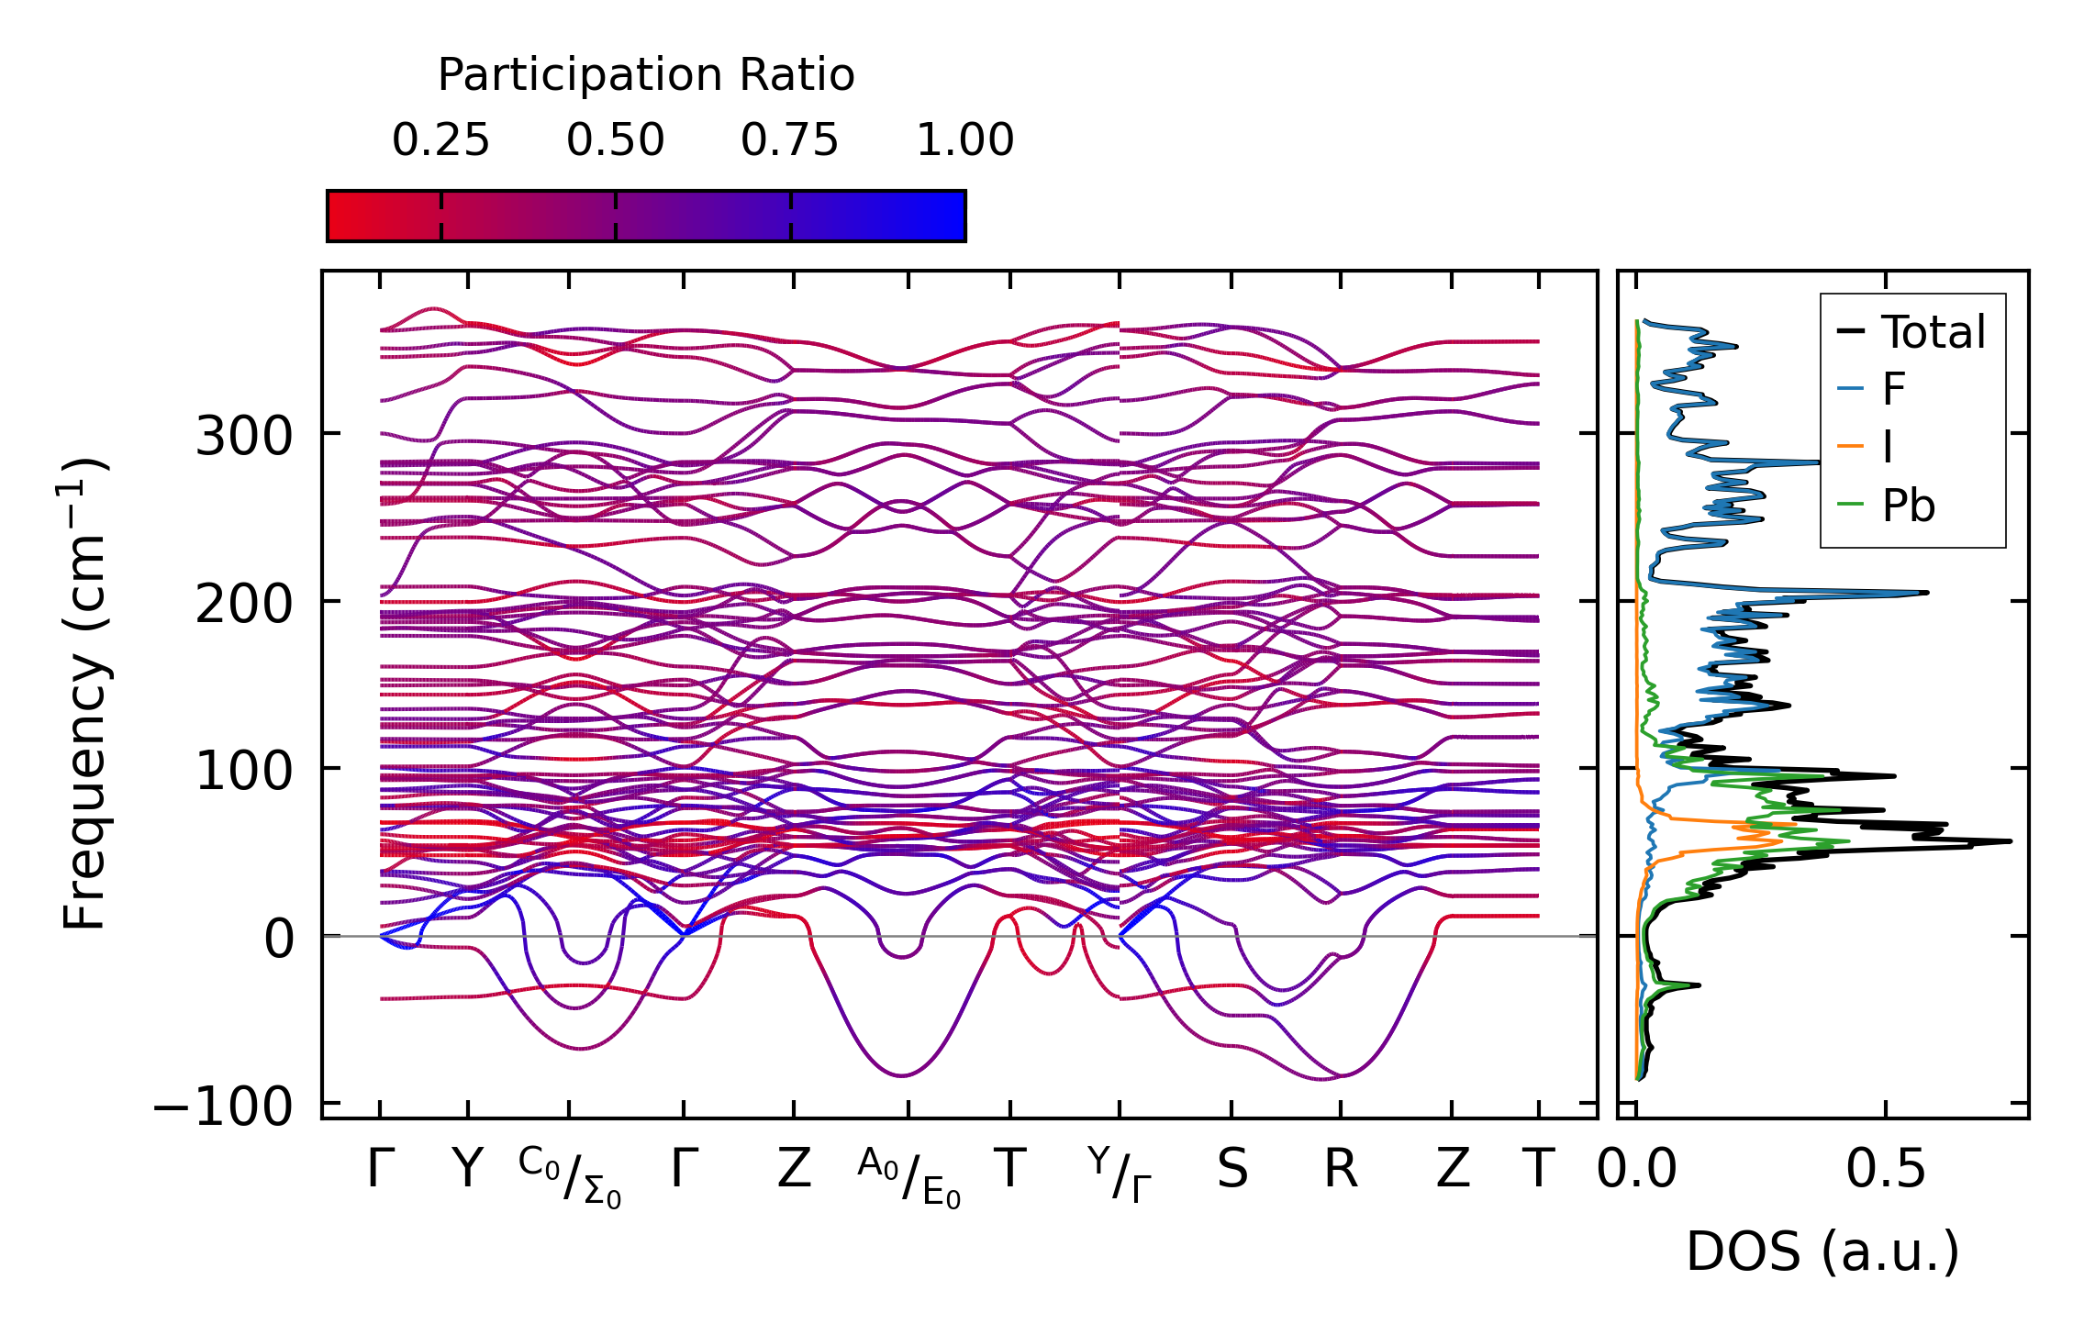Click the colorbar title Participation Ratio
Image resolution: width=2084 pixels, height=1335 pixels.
click(646, 75)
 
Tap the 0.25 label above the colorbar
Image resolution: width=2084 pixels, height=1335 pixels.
click(440, 140)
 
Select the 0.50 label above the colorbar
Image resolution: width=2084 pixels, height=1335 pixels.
click(615, 140)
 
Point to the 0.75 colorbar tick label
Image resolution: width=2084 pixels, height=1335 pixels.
click(790, 140)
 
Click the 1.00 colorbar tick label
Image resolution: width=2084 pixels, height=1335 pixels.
click(965, 140)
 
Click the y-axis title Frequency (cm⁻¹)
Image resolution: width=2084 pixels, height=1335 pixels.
click(84, 694)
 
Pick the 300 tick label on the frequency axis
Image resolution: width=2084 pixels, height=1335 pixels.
click(244, 437)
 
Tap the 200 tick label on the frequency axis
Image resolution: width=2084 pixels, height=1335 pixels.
click(244, 605)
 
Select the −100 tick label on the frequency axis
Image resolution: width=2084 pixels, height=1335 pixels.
click(223, 1107)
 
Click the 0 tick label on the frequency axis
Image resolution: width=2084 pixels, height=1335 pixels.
click(279, 940)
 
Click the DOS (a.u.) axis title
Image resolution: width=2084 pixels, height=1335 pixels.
click(1822, 1252)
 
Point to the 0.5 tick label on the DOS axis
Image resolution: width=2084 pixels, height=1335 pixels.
click(1886, 1170)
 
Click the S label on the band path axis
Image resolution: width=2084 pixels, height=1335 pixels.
click(1232, 1170)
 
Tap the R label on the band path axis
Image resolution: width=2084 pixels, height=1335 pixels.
click(1341, 1170)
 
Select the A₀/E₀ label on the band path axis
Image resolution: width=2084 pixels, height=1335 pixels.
click(909, 1177)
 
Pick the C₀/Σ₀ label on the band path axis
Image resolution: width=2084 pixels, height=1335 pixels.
click(570, 1177)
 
